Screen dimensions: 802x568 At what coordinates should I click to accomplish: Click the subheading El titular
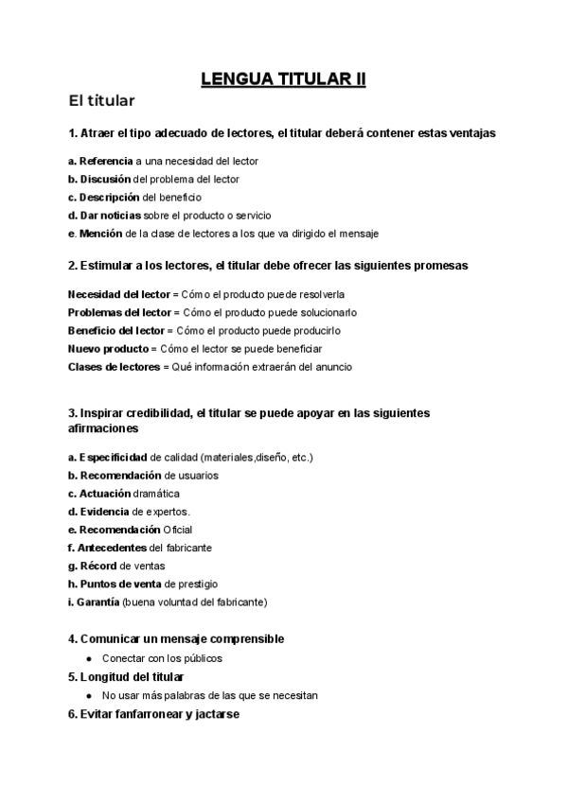point(102,100)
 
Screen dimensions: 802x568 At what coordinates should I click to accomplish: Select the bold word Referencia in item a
point(106,161)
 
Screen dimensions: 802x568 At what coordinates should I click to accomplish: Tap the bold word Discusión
point(105,179)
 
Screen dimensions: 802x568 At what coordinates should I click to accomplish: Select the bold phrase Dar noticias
point(115,215)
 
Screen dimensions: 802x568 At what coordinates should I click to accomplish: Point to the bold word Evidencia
point(105,512)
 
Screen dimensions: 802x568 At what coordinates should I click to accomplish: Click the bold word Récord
point(98,566)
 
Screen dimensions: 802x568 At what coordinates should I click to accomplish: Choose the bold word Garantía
point(98,601)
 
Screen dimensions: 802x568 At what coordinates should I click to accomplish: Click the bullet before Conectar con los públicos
point(88,658)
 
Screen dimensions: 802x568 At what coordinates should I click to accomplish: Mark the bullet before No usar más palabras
point(88,695)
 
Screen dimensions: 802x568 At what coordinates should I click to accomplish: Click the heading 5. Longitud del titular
point(126,677)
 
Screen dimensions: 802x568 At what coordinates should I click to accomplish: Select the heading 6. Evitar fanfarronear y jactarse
point(153,714)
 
